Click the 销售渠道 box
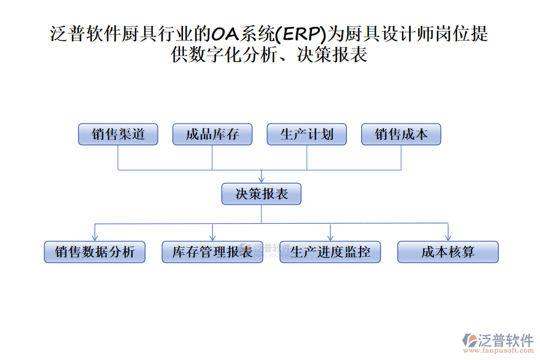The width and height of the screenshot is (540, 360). pos(118,134)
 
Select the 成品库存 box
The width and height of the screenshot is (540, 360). pos(212,134)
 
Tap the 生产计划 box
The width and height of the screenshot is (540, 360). pos(307,134)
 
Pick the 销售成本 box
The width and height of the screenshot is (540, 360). pos(401,134)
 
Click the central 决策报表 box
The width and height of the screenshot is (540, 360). pos(262,194)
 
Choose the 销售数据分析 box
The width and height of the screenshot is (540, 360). pos(95,252)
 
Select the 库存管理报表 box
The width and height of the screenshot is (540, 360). pos(212,252)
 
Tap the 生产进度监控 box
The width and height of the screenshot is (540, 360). pos(330,252)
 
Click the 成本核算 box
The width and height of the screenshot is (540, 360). pos(448,252)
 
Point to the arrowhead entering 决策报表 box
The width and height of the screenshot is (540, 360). pos(262,179)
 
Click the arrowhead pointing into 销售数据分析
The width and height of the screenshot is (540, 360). pos(95,238)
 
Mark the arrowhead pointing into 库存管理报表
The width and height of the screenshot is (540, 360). pos(212,238)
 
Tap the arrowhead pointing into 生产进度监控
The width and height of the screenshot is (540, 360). pos(330,238)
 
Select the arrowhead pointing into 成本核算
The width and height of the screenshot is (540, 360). pos(448,238)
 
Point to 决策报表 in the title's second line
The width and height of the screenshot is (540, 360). pos(332,56)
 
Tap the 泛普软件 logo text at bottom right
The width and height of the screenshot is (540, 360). pos(505,340)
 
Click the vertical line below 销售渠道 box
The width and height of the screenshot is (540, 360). pos(118,157)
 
